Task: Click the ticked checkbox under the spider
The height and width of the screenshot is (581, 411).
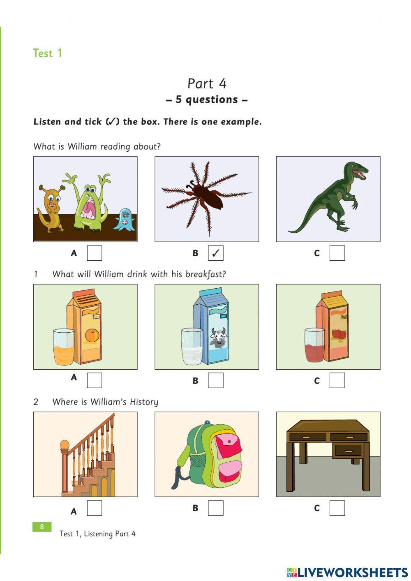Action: click(215, 253)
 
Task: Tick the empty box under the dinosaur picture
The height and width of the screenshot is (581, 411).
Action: click(337, 253)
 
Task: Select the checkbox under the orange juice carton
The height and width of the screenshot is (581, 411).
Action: click(94, 380)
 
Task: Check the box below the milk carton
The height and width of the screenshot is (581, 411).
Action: click(215, 380)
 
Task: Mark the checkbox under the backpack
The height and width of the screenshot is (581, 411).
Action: click(215, 508)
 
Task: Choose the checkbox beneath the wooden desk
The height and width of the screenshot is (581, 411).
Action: click(337, 508)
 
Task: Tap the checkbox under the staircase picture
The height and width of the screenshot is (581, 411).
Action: click(94, 508)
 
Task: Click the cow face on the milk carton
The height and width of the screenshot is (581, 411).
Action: click(218, 336)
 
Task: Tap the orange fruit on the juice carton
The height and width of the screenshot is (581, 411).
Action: click(92, 336)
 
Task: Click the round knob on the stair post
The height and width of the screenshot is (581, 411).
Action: click(65, 445)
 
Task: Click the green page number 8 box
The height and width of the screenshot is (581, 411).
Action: click(42, 527)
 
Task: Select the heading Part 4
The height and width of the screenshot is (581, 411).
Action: click(207, 83)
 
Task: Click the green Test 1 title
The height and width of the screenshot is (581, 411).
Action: click(47, 53)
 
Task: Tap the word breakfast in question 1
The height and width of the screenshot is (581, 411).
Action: click(205, 274)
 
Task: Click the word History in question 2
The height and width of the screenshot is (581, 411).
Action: click(144, 402)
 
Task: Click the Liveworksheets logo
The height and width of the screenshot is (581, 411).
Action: click(347, 572)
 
